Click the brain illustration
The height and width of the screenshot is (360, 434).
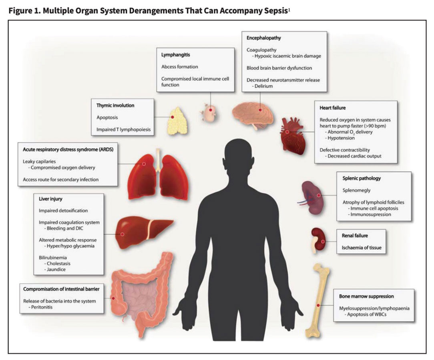[253, 113]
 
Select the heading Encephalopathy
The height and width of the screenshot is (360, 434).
[264, 38]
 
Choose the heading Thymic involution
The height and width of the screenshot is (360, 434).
[115, 106]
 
